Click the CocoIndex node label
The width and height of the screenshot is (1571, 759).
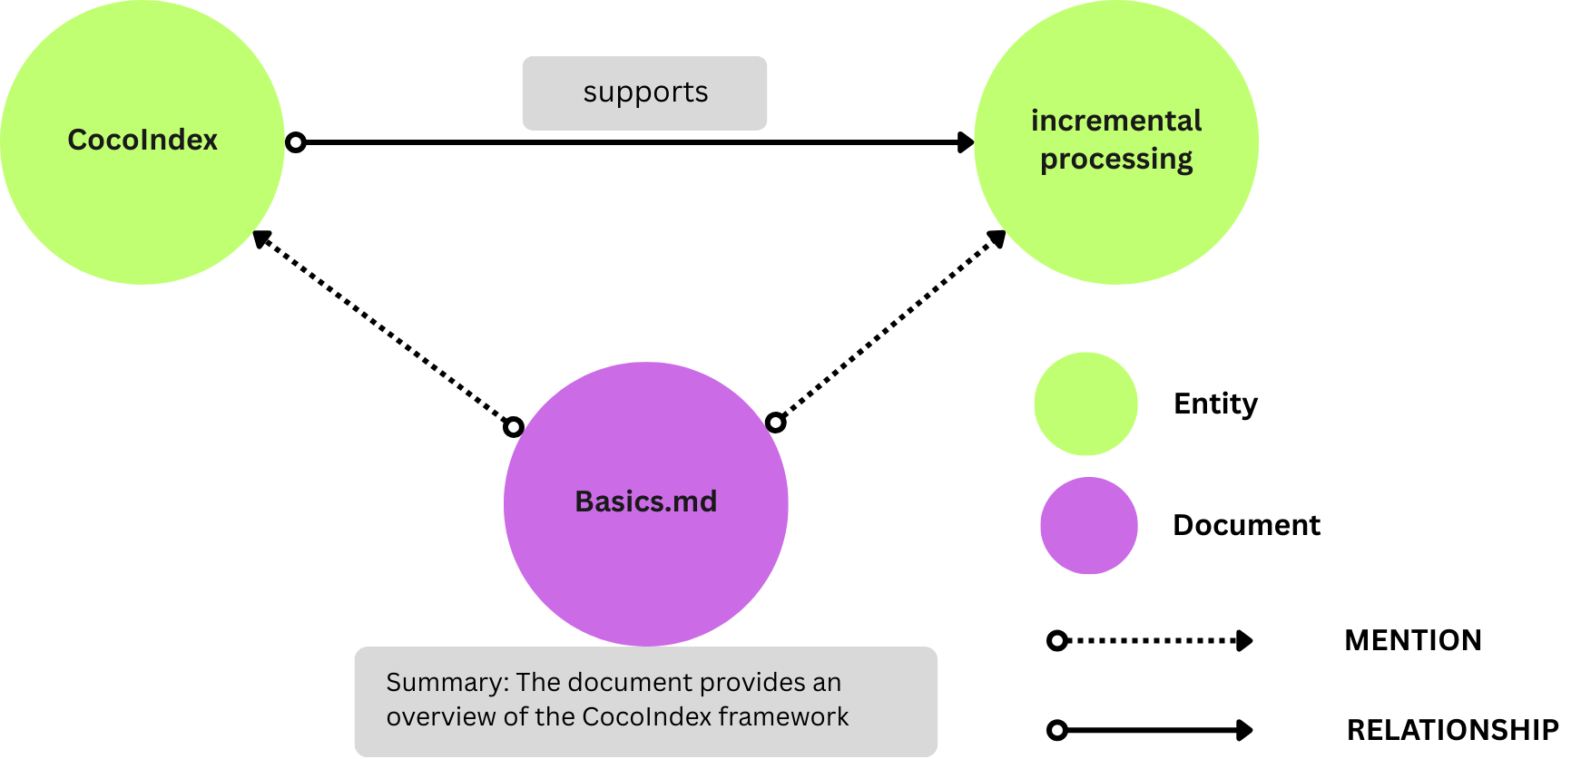[x=142, y=140]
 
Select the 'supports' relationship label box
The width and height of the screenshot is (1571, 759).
[x=644, y=92]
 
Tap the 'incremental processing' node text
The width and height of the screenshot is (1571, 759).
[x=1115, y=140]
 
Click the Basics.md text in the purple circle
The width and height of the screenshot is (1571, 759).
[x=645, y=501]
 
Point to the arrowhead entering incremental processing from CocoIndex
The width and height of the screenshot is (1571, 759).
[x=966, y=142]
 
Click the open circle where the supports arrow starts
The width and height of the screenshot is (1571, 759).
[x=296, y=142]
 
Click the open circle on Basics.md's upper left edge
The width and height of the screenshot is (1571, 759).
[x=514, y=426]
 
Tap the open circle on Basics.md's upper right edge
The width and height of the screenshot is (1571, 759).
[x=775, y=422]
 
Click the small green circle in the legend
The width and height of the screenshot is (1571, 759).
[x=1085, y=404]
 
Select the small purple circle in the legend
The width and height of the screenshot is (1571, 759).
[x=1088, y=525]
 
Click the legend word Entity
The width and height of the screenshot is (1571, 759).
[x=1215, y=404]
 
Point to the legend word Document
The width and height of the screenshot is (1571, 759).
[x=1246, y=525]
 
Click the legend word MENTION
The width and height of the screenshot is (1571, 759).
[x=1412, y=640]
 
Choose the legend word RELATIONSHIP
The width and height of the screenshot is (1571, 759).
[x=1452, y=730]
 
